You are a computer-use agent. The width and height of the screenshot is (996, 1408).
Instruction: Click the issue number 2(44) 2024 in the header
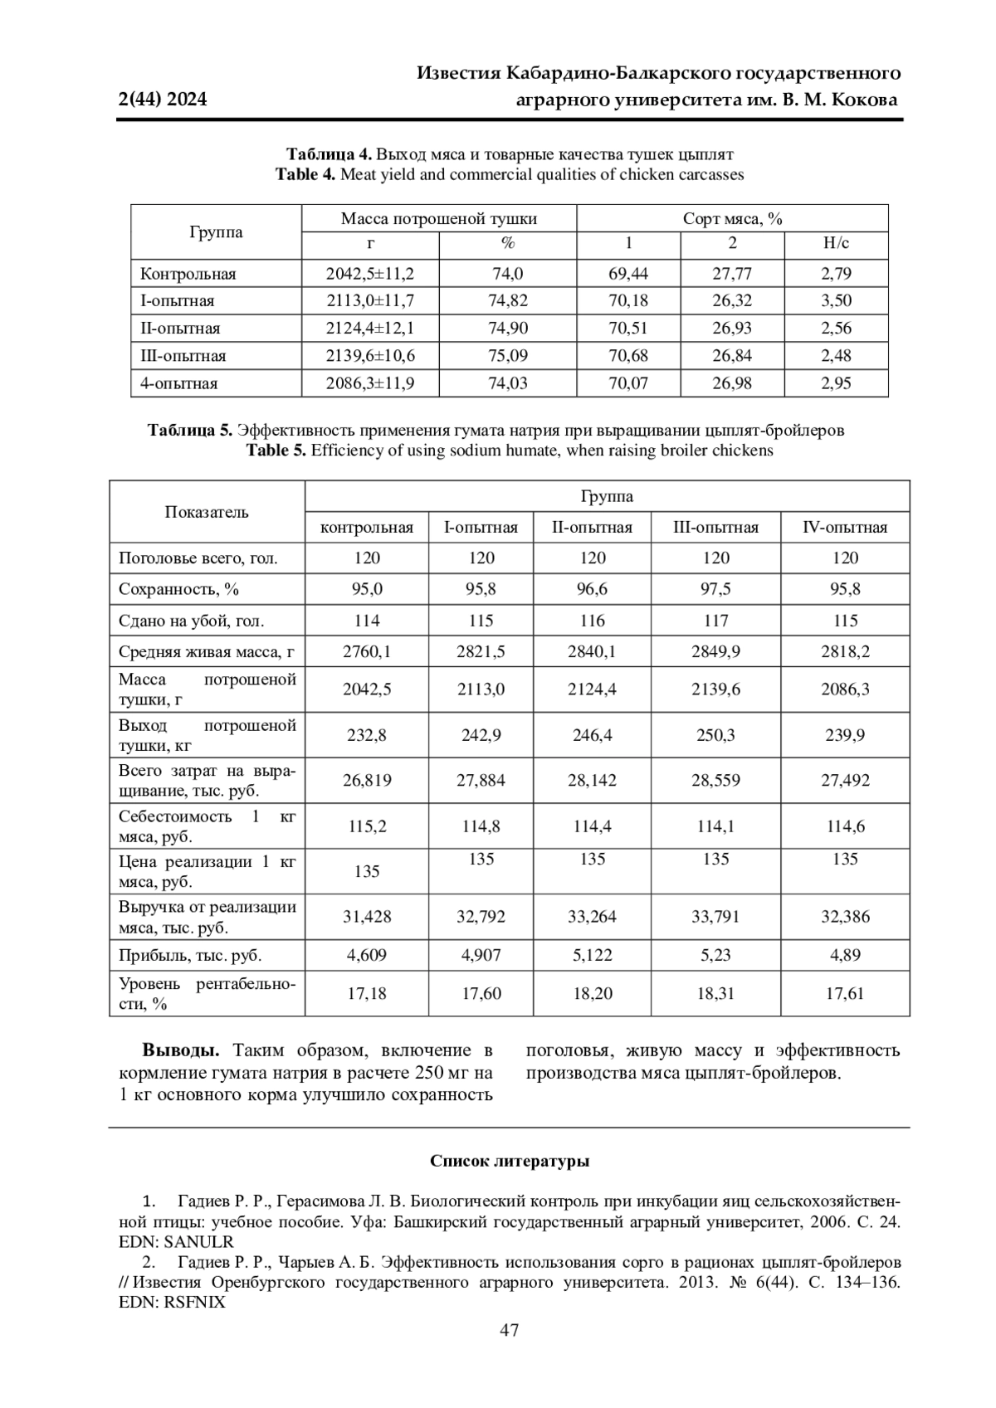(163, 100)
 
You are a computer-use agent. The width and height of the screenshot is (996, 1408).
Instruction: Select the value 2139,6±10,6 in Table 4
(370, 356)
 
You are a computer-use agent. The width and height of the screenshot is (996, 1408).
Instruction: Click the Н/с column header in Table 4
(836, 243)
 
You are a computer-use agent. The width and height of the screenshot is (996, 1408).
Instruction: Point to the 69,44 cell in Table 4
(628, 274)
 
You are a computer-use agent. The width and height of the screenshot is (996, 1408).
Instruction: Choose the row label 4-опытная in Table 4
(179, 383)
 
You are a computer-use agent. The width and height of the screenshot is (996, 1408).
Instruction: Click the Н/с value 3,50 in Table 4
(836, 301)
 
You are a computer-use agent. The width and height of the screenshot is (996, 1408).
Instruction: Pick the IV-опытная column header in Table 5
(845, 528)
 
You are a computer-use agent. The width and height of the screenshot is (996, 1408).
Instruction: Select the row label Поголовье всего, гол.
(198, 558)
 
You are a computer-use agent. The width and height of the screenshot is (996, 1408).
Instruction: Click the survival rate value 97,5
(715, 589)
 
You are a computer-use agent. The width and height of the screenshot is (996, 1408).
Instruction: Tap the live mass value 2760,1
(367, 652)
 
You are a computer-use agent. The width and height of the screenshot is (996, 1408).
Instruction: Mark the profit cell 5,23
(715, 955)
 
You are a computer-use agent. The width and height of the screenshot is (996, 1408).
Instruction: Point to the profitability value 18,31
(715, 993)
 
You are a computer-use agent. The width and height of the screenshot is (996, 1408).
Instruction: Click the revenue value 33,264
(592, 917)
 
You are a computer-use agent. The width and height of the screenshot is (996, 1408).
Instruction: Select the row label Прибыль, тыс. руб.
(190, 955)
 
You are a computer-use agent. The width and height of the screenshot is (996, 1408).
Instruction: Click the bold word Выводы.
(181, 1050)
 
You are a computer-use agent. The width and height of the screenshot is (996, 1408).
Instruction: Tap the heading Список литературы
(510, 1162)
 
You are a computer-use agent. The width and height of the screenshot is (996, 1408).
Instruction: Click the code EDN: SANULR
(176, 1242)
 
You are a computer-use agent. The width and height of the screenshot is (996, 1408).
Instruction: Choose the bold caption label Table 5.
(276, 451)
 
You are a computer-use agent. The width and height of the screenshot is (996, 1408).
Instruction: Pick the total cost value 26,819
(367, 781)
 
